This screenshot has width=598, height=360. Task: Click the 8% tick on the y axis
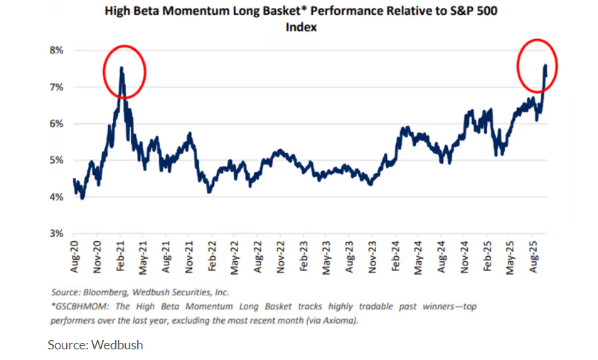coord(56,51)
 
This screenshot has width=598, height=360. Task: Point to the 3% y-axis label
coord(56,233)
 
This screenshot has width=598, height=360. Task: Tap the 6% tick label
coord(56,124)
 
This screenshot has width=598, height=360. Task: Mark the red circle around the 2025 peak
coord(537,66)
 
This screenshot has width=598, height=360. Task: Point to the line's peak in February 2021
coord(122,68)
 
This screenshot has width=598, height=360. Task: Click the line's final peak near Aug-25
coord(545,65)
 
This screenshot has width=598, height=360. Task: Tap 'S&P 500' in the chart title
coord(473,11)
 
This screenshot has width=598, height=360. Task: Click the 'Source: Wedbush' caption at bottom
coord(95,345)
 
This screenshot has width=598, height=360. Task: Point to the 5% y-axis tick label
coord(56,160)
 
